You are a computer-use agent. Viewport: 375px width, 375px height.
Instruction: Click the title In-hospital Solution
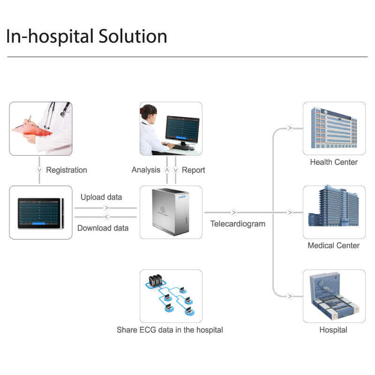click(x=86, y=37)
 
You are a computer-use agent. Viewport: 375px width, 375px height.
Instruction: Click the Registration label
click(x=67, y=170)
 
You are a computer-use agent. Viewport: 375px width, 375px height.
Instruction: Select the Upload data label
click(x=101, y=197)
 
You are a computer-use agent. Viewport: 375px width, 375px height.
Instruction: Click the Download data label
click(x=103, y=228)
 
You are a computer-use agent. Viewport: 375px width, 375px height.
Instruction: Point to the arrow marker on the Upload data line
click(x=106, y=208)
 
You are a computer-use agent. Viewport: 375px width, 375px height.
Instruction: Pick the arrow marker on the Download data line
click(x=106, y=217)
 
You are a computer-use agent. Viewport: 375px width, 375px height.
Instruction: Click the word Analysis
click(x=146, y=170)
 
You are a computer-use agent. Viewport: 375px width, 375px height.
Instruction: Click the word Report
click(x=193, y=170)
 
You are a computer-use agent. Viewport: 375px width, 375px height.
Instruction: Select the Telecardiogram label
click(x=238, y=224)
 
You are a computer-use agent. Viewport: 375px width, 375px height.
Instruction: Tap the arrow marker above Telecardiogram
click(x=234, y=213)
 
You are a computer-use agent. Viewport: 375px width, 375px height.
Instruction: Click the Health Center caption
click(x=334, y=162)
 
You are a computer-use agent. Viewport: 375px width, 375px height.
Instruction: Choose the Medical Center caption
click(x=334, y=246)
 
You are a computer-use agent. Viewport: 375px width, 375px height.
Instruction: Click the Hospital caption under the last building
click(x=333, y=330)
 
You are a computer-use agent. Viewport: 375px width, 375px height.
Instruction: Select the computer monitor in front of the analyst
click(x=182, y=129)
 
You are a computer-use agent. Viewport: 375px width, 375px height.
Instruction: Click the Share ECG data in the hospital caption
click(x=170, y=330)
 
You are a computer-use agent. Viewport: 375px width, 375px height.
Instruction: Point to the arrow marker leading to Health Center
click(x=290, y=128)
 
